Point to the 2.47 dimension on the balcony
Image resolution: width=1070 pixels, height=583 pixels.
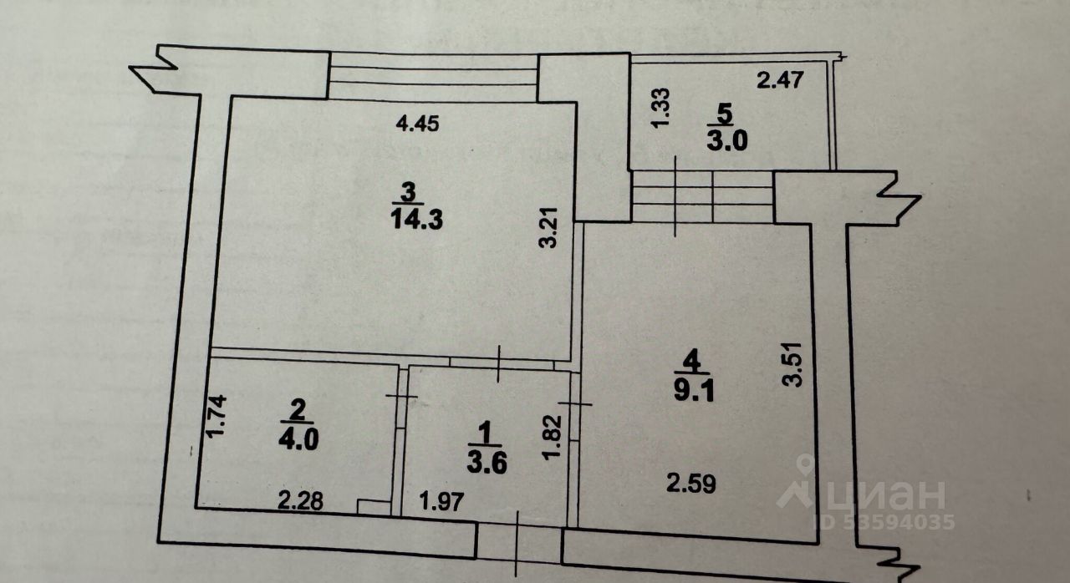click(779, 81)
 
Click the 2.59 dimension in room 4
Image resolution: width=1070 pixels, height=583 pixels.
click(690, 484)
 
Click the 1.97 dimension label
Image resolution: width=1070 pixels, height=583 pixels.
click(441, 502)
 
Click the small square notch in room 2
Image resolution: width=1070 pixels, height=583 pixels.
click(372, 506)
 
